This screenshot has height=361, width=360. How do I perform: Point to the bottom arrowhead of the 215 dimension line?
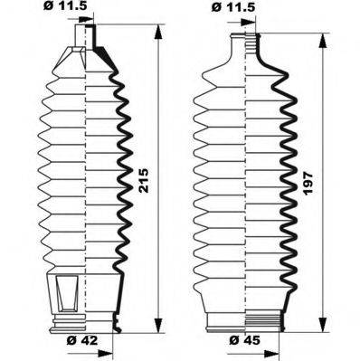(x=160, y=330)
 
